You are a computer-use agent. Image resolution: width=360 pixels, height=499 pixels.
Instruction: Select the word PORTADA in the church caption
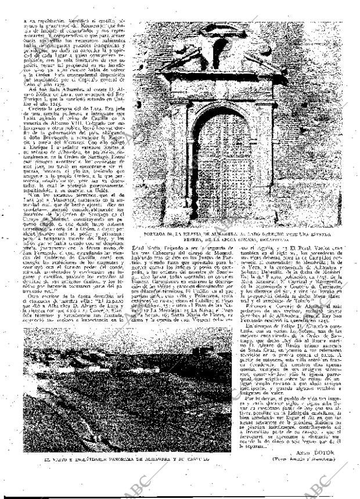151,233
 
